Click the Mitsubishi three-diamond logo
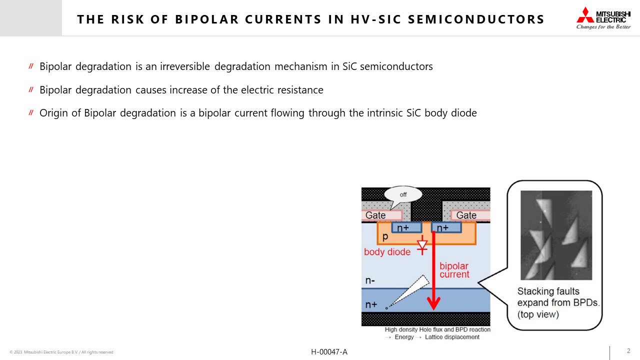585,15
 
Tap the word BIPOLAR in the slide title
207,19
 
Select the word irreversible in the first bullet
185,66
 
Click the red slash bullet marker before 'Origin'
31,112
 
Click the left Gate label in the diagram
375,215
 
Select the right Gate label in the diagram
466,215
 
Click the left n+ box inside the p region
406,227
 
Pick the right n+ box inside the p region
446,227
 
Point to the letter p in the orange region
385,236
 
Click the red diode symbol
422,245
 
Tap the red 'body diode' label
387,252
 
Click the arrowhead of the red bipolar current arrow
433,303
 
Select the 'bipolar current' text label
454,270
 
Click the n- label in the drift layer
370,281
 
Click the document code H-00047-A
329,352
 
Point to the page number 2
628,351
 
